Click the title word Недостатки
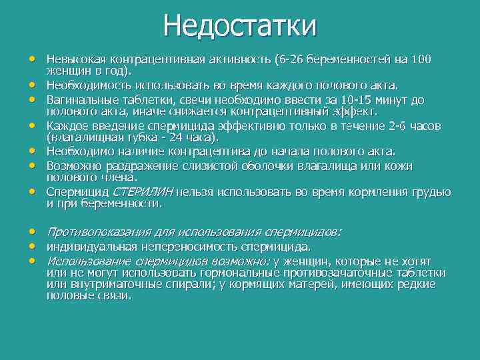coord(240,26)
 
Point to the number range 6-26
coord(289,59)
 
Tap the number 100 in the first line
coord(421,59)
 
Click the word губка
coord(145,137)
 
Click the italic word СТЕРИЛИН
coord(144,192)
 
